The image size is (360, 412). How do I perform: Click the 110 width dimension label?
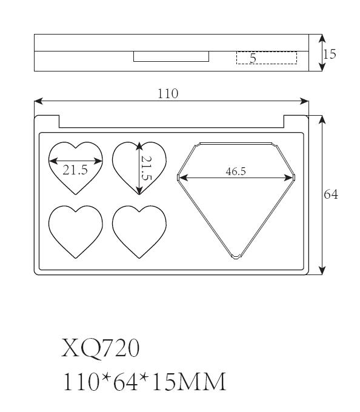[168, 94]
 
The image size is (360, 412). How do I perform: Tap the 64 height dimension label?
[331, 194]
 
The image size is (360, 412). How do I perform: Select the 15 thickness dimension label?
[330, 55]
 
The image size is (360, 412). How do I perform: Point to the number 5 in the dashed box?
[253, 58]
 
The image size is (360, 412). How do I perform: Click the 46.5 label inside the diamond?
[236, 171]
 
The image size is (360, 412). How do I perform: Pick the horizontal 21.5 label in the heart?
[75, 170]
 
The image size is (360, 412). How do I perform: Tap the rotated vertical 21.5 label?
[147, 168]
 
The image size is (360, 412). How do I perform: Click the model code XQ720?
[100, 348]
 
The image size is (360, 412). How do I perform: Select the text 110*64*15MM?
[144, 382]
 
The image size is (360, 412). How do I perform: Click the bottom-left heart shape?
[76, 231]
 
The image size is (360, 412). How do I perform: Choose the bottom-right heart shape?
[139, 231]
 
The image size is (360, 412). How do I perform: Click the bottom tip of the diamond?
[236, 257]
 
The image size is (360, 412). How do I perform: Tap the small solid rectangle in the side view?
[171, 56]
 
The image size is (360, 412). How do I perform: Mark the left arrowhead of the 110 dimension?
[38, 101]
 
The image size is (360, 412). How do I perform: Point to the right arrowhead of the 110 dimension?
[304, 101]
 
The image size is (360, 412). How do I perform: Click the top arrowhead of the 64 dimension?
[322, 119]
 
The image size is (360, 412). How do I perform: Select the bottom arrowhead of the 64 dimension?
[322, 270]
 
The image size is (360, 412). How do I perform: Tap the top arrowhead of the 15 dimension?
[322, 38]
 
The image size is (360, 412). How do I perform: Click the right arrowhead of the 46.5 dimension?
[288, 178]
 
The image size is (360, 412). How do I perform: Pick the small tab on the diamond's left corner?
[178, 178]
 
